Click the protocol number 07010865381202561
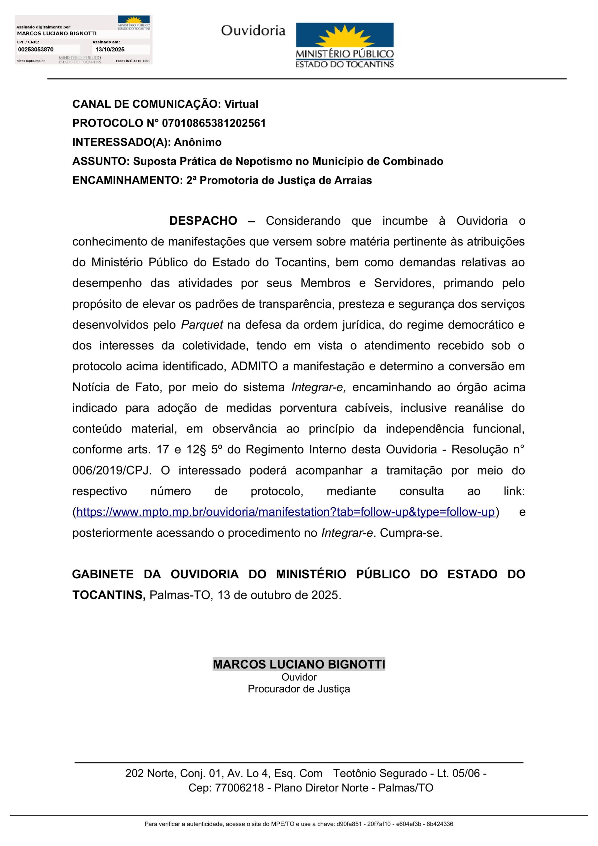click(214, 123)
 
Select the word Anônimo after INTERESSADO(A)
click(197, 142)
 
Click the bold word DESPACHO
click(203, 221)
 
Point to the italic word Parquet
click(202, 325)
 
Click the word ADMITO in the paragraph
click(254, 366)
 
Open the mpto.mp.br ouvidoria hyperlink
click(285, 512)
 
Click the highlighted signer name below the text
click(299, 664)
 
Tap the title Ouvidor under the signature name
click(299, 677)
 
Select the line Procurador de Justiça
click(299, 689)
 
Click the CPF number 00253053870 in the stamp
click(36, 49)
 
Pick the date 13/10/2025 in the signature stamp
click(110, 49)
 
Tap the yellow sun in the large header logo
click(345, 36)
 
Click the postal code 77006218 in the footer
click(239, 788)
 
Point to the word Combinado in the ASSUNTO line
click(413, 161)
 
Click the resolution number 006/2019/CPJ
click(111, 471)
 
